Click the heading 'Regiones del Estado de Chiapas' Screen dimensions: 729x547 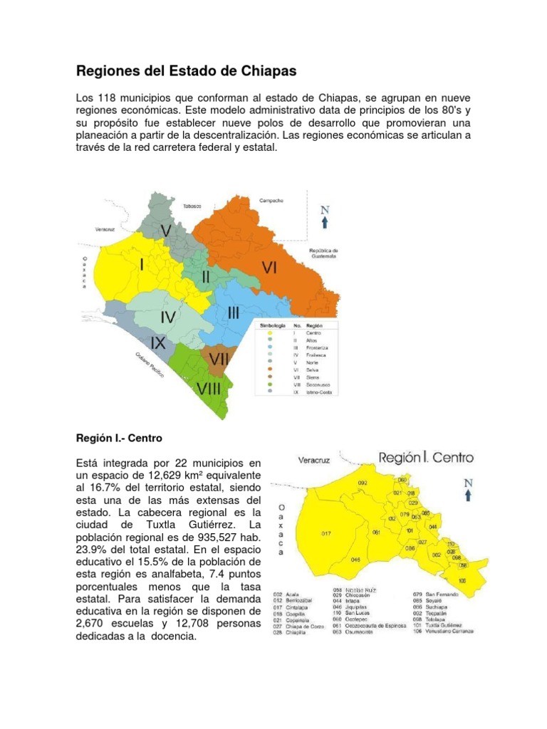click(x=186, y=71)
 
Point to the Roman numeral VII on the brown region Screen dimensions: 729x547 click(x=218, y=360)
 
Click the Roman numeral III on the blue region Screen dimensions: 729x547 click(x=233, y=313)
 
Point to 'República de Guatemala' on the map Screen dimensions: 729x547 click(x=323, y=253)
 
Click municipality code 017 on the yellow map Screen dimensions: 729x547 click(x=325, y=533)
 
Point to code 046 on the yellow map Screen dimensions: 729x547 click(x=355, y=559)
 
